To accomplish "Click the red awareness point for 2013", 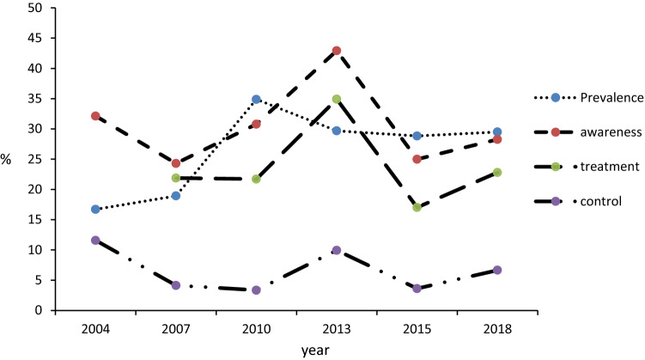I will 336,51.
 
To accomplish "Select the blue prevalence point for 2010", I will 256,100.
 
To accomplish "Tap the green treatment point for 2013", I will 336,99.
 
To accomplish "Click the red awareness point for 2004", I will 95,116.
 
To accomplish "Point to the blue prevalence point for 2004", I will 95,210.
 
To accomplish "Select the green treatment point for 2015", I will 417,207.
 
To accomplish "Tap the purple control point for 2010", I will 256,290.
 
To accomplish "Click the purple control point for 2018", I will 497,270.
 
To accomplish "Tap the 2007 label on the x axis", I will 176,330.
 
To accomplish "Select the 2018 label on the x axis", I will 497,330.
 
